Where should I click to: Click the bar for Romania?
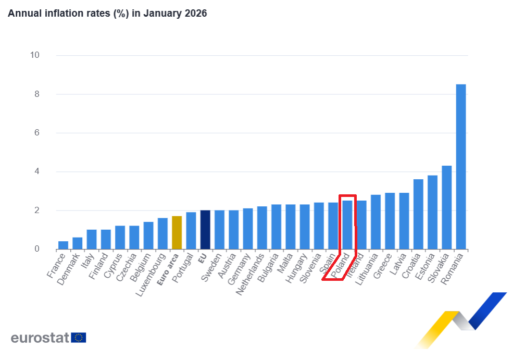click(x=461, y=167)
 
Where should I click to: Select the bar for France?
click(x=63, y=245)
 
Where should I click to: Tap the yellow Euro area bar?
click(x=177, y=232)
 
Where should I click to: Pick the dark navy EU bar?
click(x=205, y=230)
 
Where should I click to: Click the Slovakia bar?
click(x=447, y=207)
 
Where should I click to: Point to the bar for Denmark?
click(x=77, y=243)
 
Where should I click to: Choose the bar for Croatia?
click(x=418, y=214)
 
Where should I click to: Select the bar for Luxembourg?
click(x=162, y=233)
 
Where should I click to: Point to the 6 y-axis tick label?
click(x=36, y=133)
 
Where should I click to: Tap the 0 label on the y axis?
click(x=36, y=249)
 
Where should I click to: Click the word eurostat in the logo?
click(x=40, y=338)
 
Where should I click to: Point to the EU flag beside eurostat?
click(x=79, y=338)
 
